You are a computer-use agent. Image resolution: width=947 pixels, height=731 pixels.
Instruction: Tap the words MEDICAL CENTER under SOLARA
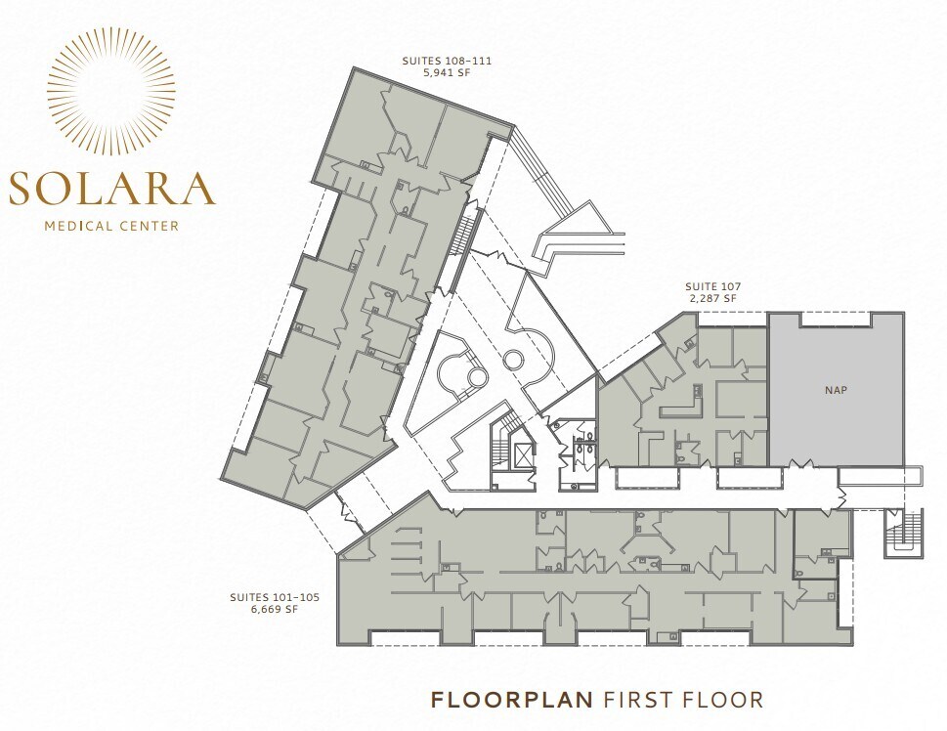(111, 226)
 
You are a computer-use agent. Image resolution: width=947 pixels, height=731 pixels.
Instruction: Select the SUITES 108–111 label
(447, 61)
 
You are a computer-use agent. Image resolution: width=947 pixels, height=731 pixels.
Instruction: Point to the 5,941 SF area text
(447, 72)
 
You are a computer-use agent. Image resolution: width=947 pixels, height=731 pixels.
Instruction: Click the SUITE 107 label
(711, 286)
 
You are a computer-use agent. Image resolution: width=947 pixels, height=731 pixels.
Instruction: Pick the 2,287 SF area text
(711, 298)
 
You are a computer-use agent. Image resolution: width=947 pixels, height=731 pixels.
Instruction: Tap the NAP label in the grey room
(836, 389)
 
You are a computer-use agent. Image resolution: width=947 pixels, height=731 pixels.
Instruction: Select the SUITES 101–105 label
(275, 597)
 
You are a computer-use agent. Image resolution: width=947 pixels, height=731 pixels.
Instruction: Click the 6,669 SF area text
(275, 609)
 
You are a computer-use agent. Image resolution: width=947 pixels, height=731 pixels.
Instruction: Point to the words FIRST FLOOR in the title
(683, 700)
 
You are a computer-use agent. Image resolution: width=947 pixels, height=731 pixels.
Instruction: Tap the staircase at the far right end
(898, 534)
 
